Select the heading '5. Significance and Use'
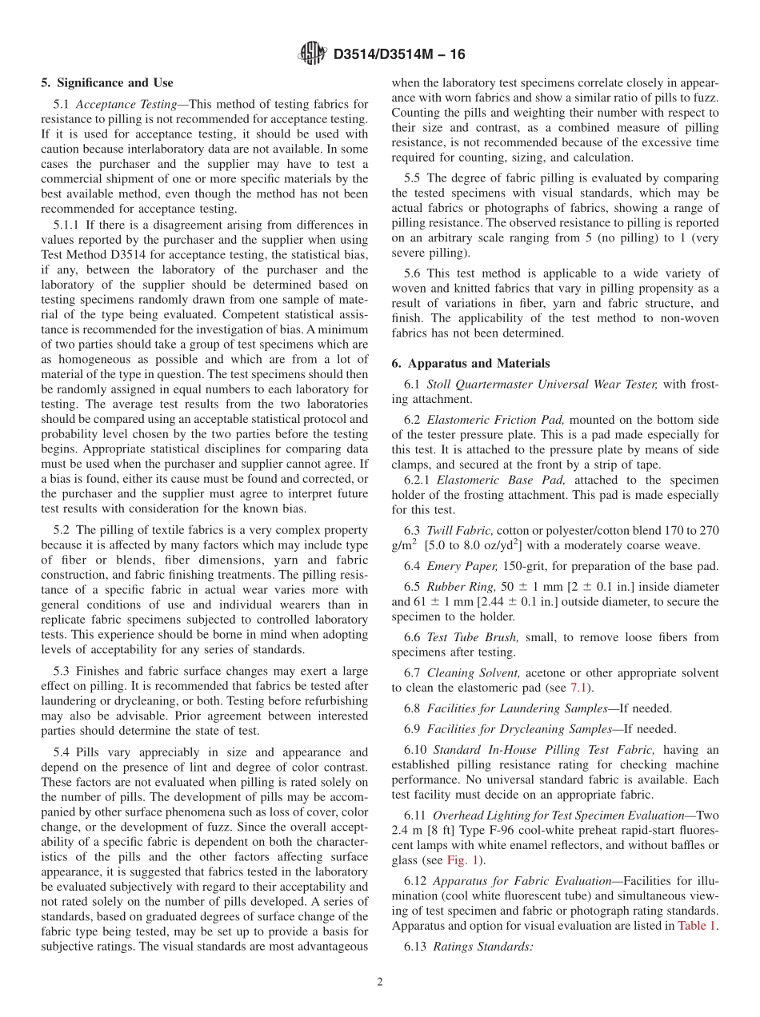(106, 82)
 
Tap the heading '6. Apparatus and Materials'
(470, 363)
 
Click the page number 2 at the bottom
(379, 982)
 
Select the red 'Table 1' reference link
(697, 926)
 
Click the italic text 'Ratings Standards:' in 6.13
(482, 947)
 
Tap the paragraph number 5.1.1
(67, 225)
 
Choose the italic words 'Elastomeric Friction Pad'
(494, 420)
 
